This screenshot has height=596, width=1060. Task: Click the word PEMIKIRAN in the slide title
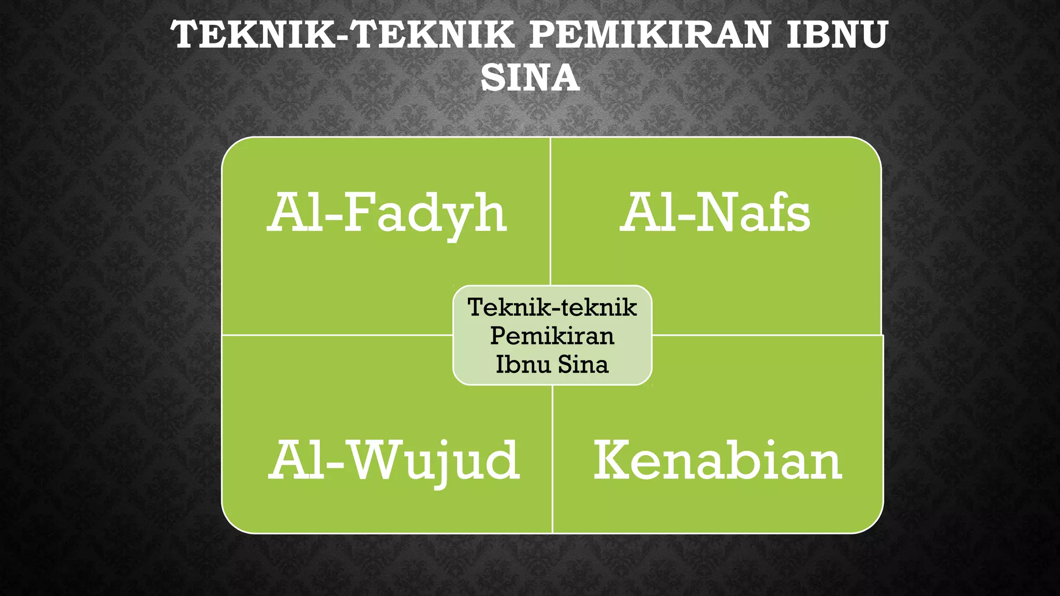pos(650,35)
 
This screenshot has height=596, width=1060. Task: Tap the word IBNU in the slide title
pos(837,35)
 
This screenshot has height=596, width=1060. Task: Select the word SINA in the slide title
pos(530,78)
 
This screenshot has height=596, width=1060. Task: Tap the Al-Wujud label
pos(394,460)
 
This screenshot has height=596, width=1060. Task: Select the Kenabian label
pos(718,460)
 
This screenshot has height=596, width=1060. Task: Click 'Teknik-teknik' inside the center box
pos(552,307)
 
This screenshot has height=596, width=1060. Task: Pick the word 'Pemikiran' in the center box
pos(552,336)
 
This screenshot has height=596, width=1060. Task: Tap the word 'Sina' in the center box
pos(583,364)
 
